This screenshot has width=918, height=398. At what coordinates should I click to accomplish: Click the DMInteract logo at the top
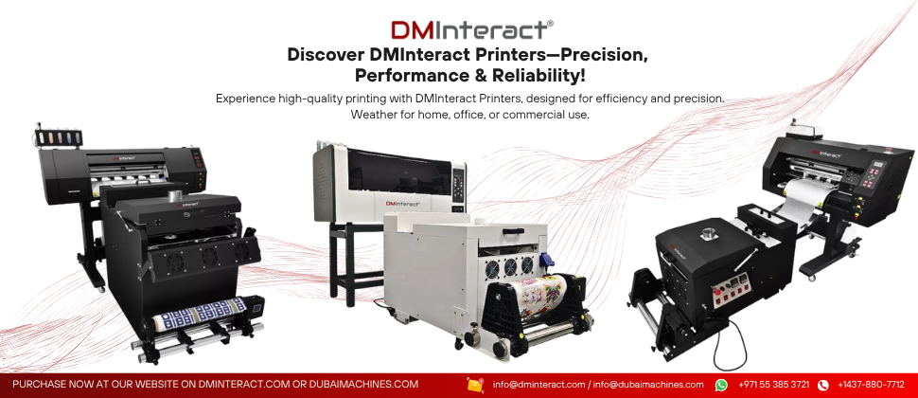tap(472, 29)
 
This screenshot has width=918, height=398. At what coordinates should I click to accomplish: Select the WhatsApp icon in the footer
tap(721, 385)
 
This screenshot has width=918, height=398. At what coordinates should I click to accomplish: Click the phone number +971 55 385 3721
tap(774, 385)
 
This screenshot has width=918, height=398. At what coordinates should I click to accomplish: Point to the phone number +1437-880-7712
tap(871, 385)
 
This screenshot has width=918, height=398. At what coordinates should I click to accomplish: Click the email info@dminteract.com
tap(538, 385)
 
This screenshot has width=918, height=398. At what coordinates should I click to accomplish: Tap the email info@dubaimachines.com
tap(648, 385)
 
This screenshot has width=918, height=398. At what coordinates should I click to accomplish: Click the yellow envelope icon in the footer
tap(475, 385)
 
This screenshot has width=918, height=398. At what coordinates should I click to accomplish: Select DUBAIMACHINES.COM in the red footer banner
tap(363, 385)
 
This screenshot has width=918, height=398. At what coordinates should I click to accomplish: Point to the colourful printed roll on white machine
tap(537, 292)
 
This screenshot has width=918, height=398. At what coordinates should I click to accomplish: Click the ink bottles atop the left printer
tap(59, 137)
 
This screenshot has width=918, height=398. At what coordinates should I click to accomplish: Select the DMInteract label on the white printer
tap(403, 204)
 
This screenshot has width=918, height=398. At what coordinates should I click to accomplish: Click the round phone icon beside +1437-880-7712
tap(823, 385)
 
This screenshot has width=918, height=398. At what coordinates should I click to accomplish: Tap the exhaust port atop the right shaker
tap(711, 228)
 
